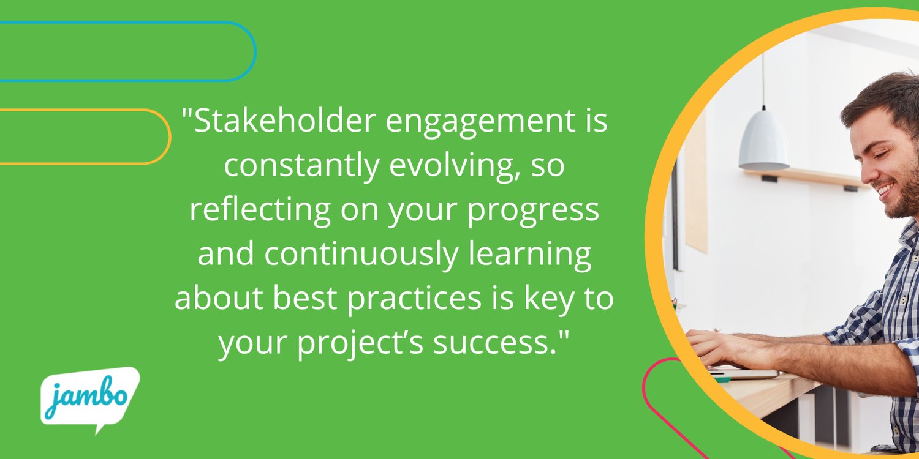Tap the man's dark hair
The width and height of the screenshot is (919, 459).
point(882,98)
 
